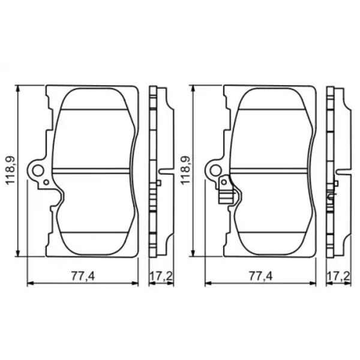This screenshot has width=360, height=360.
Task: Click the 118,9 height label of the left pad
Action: pyautogui.click(x=10, y=170)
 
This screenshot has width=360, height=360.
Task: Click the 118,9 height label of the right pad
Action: pyautogui.click(x=185, y=170)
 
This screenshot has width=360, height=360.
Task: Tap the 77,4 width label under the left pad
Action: pyautogui.click(x=83, y=276)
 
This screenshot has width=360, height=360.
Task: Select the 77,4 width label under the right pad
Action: pyautogui.click(x=261, y=276)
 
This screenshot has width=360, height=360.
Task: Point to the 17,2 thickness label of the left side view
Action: pyautogui.click(x=161, y=276)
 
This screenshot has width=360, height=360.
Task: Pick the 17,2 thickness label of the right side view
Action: pyautogui.click(x=338, y=276)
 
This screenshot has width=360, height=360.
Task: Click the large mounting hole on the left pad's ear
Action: pyautogui.click(x=38, y=171)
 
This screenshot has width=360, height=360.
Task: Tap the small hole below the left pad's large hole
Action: pyautogui.click(x=46, y=182)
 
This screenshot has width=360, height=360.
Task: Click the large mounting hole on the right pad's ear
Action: pyautogui.click(x=215, y=171)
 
